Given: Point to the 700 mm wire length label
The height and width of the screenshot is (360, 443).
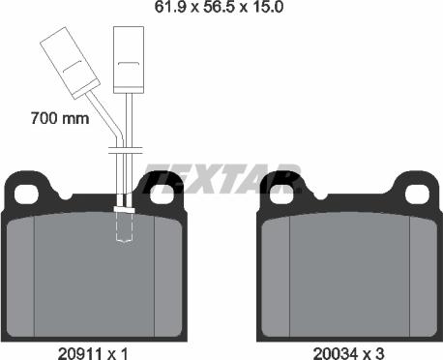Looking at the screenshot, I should [x=59, y=119].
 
